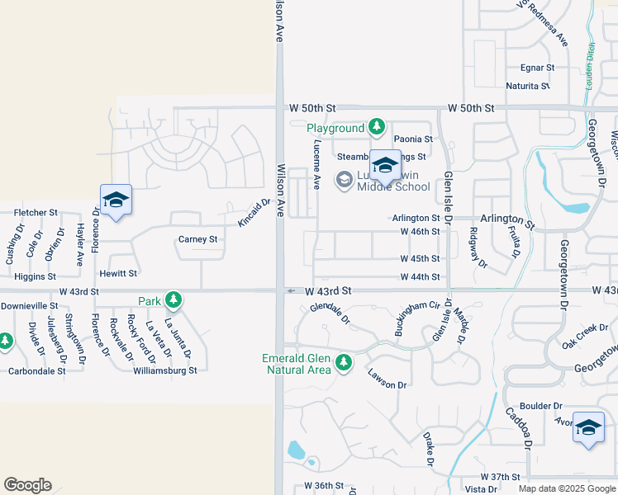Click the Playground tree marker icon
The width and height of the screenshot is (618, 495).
[x=377, y=127]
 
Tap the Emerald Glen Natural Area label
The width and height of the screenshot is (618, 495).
[x=297, y=364]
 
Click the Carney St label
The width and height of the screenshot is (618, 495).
[x=197, y=239]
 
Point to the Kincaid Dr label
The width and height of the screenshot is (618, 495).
[x=254, y=213]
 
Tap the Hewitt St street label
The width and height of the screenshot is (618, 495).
[x=118, y=272]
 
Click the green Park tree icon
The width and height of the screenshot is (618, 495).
[x=173, y=300]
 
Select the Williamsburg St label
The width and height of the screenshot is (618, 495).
[x=165, y=370]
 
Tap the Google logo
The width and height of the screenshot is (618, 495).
[x=28, y=485]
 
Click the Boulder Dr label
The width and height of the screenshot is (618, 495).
[x=541, y=406]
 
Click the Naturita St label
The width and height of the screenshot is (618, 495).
[x=529, y=86]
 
